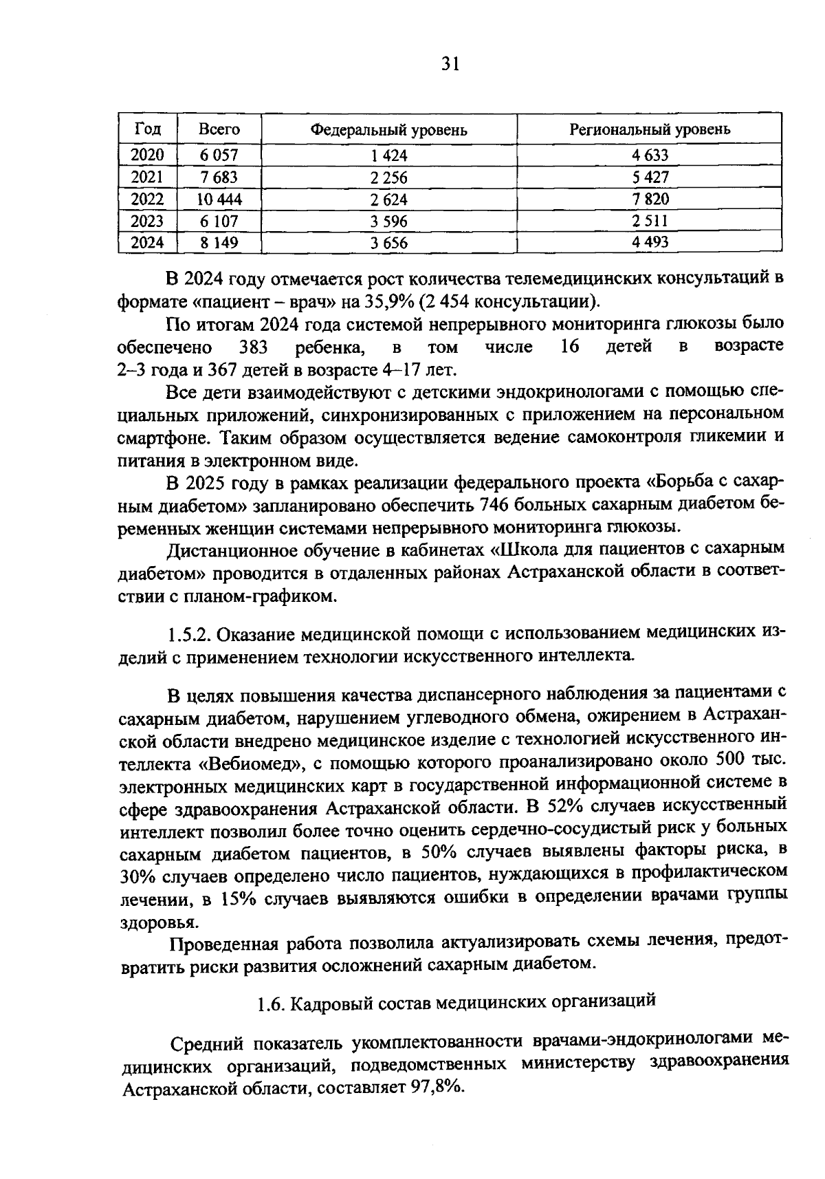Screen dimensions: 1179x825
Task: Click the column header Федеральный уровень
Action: pyautogui.click(x=388, y=130)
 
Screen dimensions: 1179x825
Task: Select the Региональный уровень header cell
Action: pyautogui.click(x=650, y=129)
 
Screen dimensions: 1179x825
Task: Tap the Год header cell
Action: pyautogui.click(x=148, y=129)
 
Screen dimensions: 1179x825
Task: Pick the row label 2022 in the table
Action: pyautogui.click(x=148, y=199)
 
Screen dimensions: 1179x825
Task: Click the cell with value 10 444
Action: pyautogui.click(x=219, y=199)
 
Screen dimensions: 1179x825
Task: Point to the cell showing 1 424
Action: pyautogui.click(x=388, y=156)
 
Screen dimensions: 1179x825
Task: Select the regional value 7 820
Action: pyautogui.click(x=650, y=199)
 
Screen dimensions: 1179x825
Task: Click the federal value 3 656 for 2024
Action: pyautogui.click(x=388, y=243)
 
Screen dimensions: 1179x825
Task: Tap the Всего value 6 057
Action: pyautogui.click(x=219, y=155)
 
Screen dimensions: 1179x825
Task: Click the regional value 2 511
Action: pyautogui.click(x=650, y=221)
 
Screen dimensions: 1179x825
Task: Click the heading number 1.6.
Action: pyautogui.click(x=271, y=1004)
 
